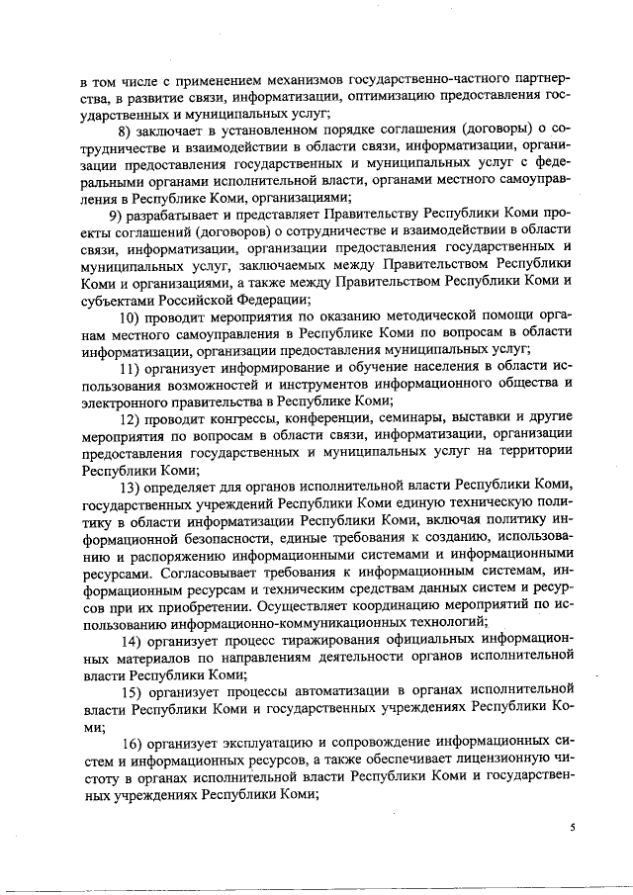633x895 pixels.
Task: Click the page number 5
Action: [x=571, y=828]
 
